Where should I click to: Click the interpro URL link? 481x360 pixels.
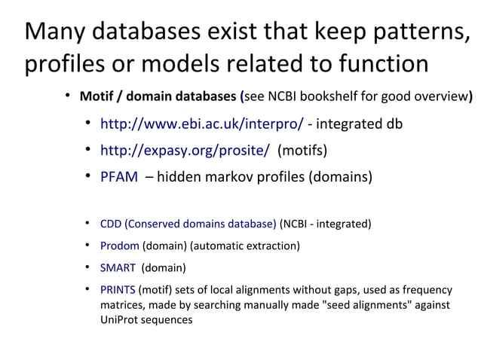pyautogui.click(x=201, y=124)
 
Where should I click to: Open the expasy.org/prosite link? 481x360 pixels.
pyautogui.click(x=185, y=151)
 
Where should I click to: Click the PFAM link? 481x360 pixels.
pyautogui.click(x=119, y=178)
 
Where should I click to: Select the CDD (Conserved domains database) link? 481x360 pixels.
pyautogui.click(x=188, y=224)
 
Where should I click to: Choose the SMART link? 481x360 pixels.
pyautogui.click(x=118, y=267)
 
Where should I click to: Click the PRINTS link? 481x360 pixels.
pyautogui.click(x=118, y=290)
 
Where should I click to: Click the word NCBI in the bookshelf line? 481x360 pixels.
pyautogui.click(x=288, y=97)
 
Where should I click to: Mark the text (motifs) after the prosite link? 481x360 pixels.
pyautogui.click(x=302, y=151)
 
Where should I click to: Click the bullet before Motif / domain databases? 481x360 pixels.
pyautogui.click(x=67, y=96)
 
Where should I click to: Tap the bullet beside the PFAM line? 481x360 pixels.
pyautogui.click(x=88, y=177)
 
